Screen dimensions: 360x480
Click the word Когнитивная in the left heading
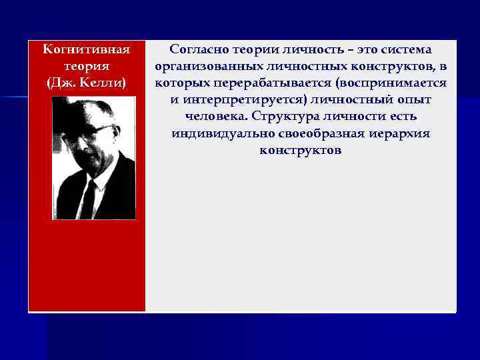(x=85, y=49)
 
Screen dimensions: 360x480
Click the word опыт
(x=415, y=100)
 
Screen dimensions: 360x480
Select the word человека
(x=211, y=117)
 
